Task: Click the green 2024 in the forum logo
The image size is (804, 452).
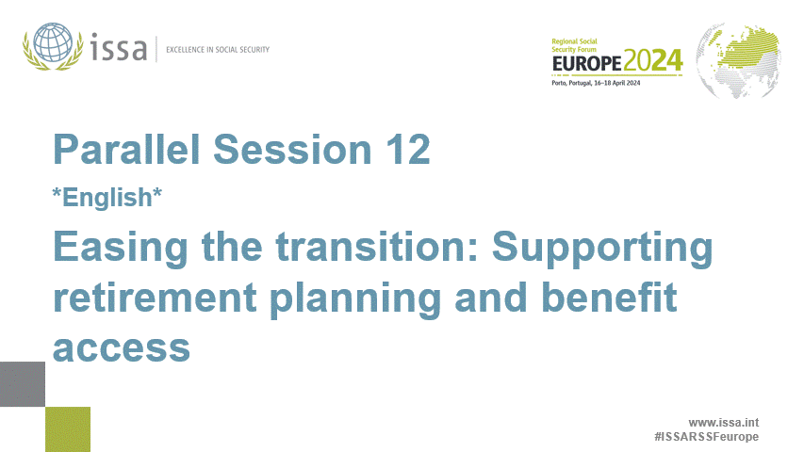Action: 651,63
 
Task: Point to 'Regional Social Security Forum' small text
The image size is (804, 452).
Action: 580,45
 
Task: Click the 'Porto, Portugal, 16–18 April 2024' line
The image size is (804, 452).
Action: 596,84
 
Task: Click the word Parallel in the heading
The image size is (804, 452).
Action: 126,150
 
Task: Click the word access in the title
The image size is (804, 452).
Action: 122,347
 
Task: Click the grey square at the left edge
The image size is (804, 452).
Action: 22,384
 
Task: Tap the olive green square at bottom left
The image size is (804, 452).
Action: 68,428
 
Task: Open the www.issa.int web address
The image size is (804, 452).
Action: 723,423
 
